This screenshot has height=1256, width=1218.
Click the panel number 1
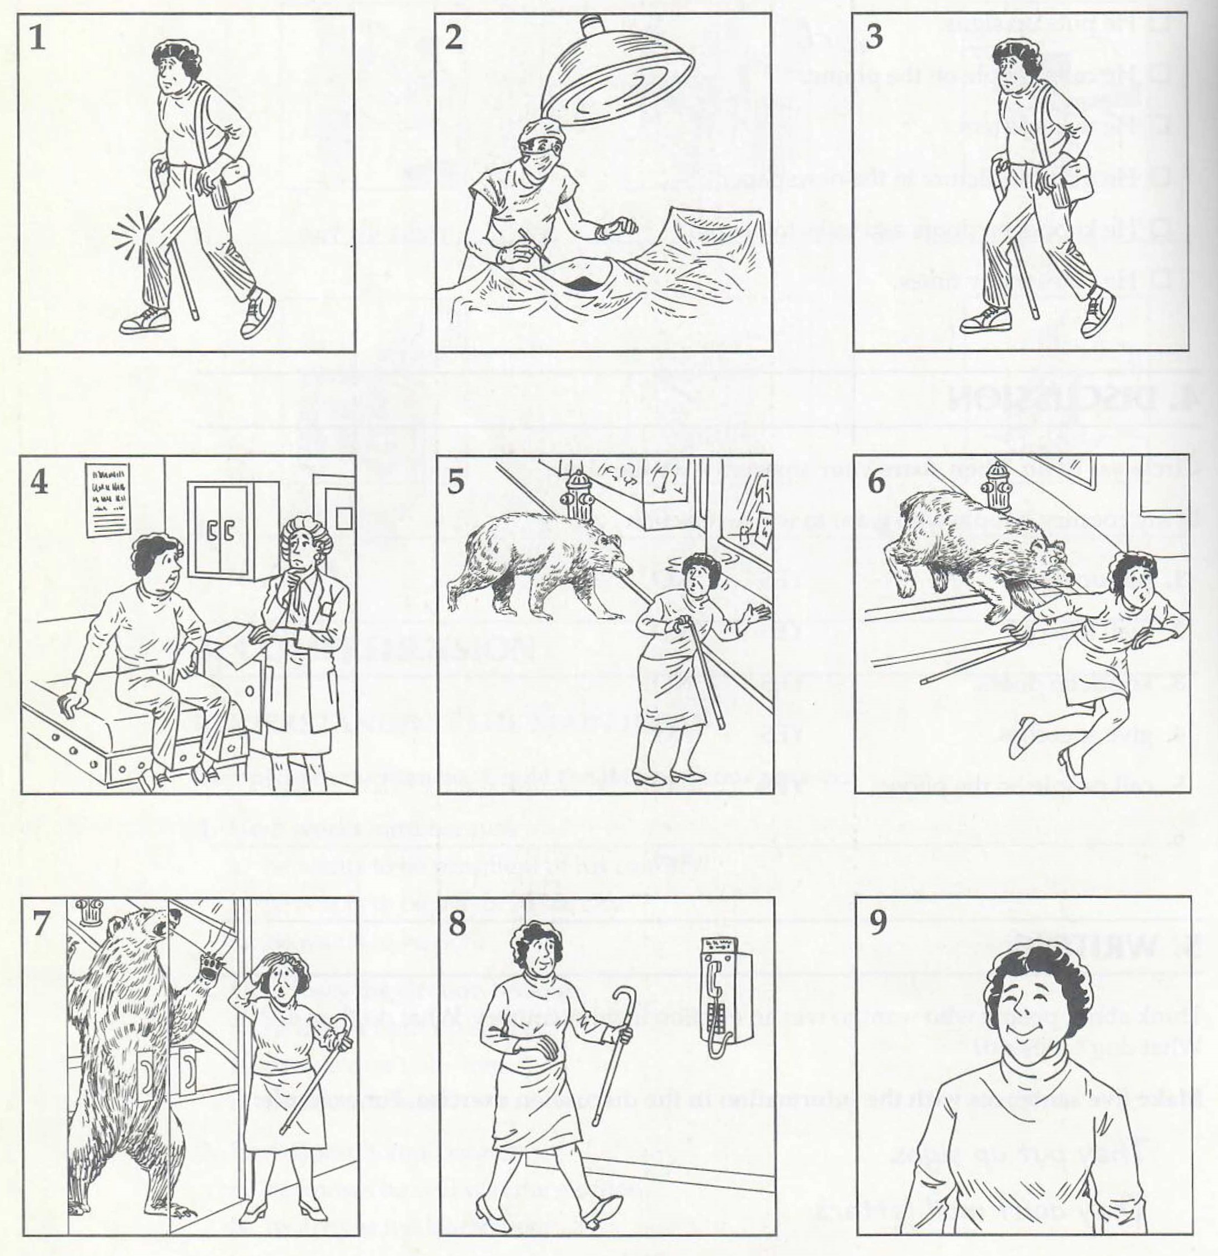pos(39,40)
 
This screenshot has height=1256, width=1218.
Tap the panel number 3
pos(874,39)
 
